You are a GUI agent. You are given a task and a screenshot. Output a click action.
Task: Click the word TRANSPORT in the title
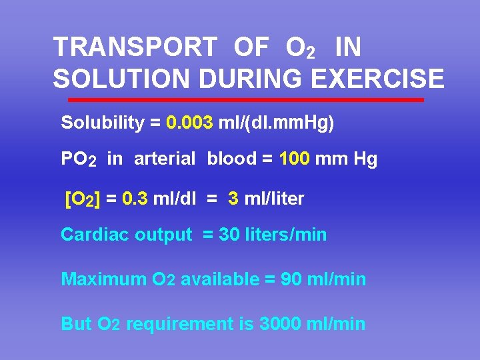(x=135, y=47)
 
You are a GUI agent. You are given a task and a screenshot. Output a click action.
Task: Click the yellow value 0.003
(x=189, y=123)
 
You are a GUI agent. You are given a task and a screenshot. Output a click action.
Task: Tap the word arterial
(x=165, y=159)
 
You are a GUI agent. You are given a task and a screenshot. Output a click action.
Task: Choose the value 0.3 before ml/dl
(x=131, y=199)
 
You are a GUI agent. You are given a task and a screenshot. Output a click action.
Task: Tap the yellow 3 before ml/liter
(x=233, y=199)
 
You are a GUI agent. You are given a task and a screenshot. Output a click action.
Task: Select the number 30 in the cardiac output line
(x=229, y=235)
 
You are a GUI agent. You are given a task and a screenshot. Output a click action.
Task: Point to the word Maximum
(x=96, y=279)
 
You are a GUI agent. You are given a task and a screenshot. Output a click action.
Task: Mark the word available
(x=219, y=279)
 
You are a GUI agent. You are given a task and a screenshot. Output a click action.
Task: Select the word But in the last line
(x=76, y=324)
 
